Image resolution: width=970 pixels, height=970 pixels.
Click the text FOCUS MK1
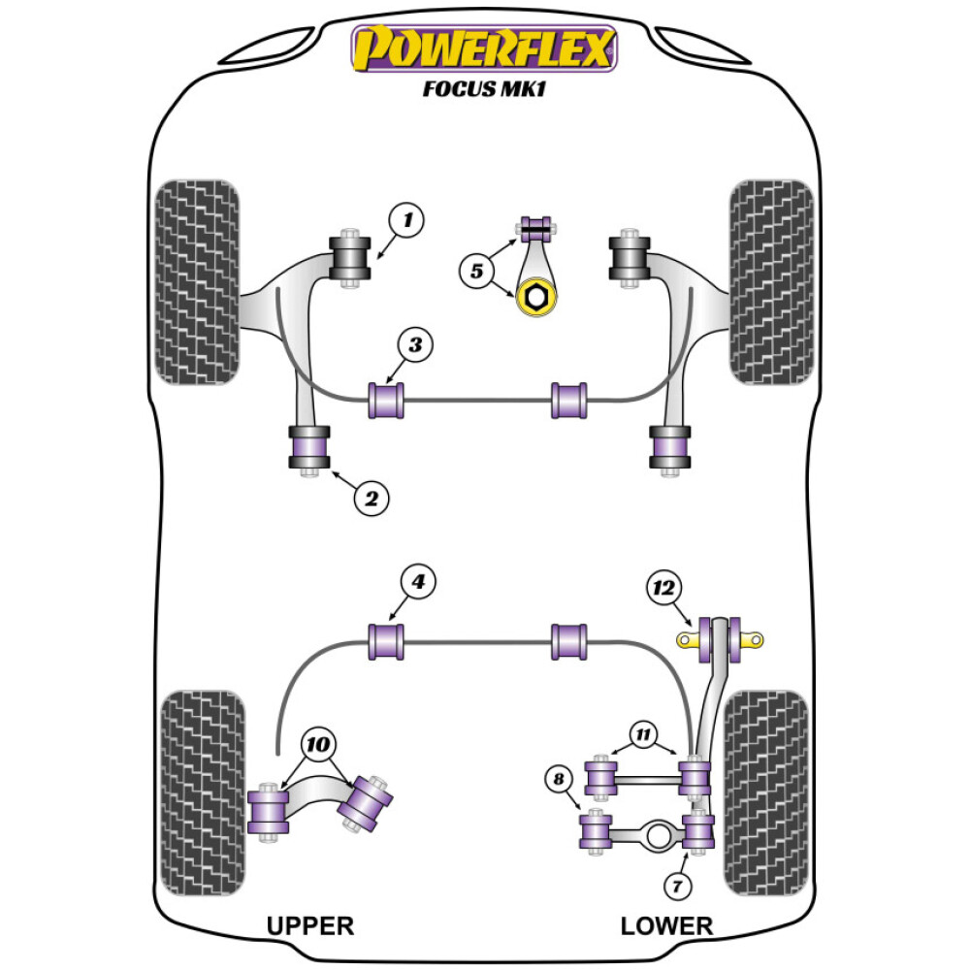(x=484, y=89)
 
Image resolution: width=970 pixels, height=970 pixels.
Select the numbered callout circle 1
(x=407, y=222)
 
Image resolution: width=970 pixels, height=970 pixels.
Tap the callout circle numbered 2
(x=371, y=499)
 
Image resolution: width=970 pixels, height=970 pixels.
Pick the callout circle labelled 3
(x=414, y=344)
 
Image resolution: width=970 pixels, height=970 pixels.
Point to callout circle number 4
(x=418, y=582)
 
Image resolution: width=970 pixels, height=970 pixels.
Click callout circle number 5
(x=476, y=271)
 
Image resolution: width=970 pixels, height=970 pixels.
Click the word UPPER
(x=310, y=925)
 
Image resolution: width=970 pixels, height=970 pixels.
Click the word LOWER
(x=666, y=925)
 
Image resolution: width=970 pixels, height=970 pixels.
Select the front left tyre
(x=197, y=282)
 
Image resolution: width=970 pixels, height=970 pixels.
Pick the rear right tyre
(x=766, y=792)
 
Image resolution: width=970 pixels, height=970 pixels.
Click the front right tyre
(x=771, y=282)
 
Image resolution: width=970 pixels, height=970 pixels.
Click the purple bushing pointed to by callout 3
(x=386, y=401)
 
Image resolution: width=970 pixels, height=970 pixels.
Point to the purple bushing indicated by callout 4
(x=386, y=641)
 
